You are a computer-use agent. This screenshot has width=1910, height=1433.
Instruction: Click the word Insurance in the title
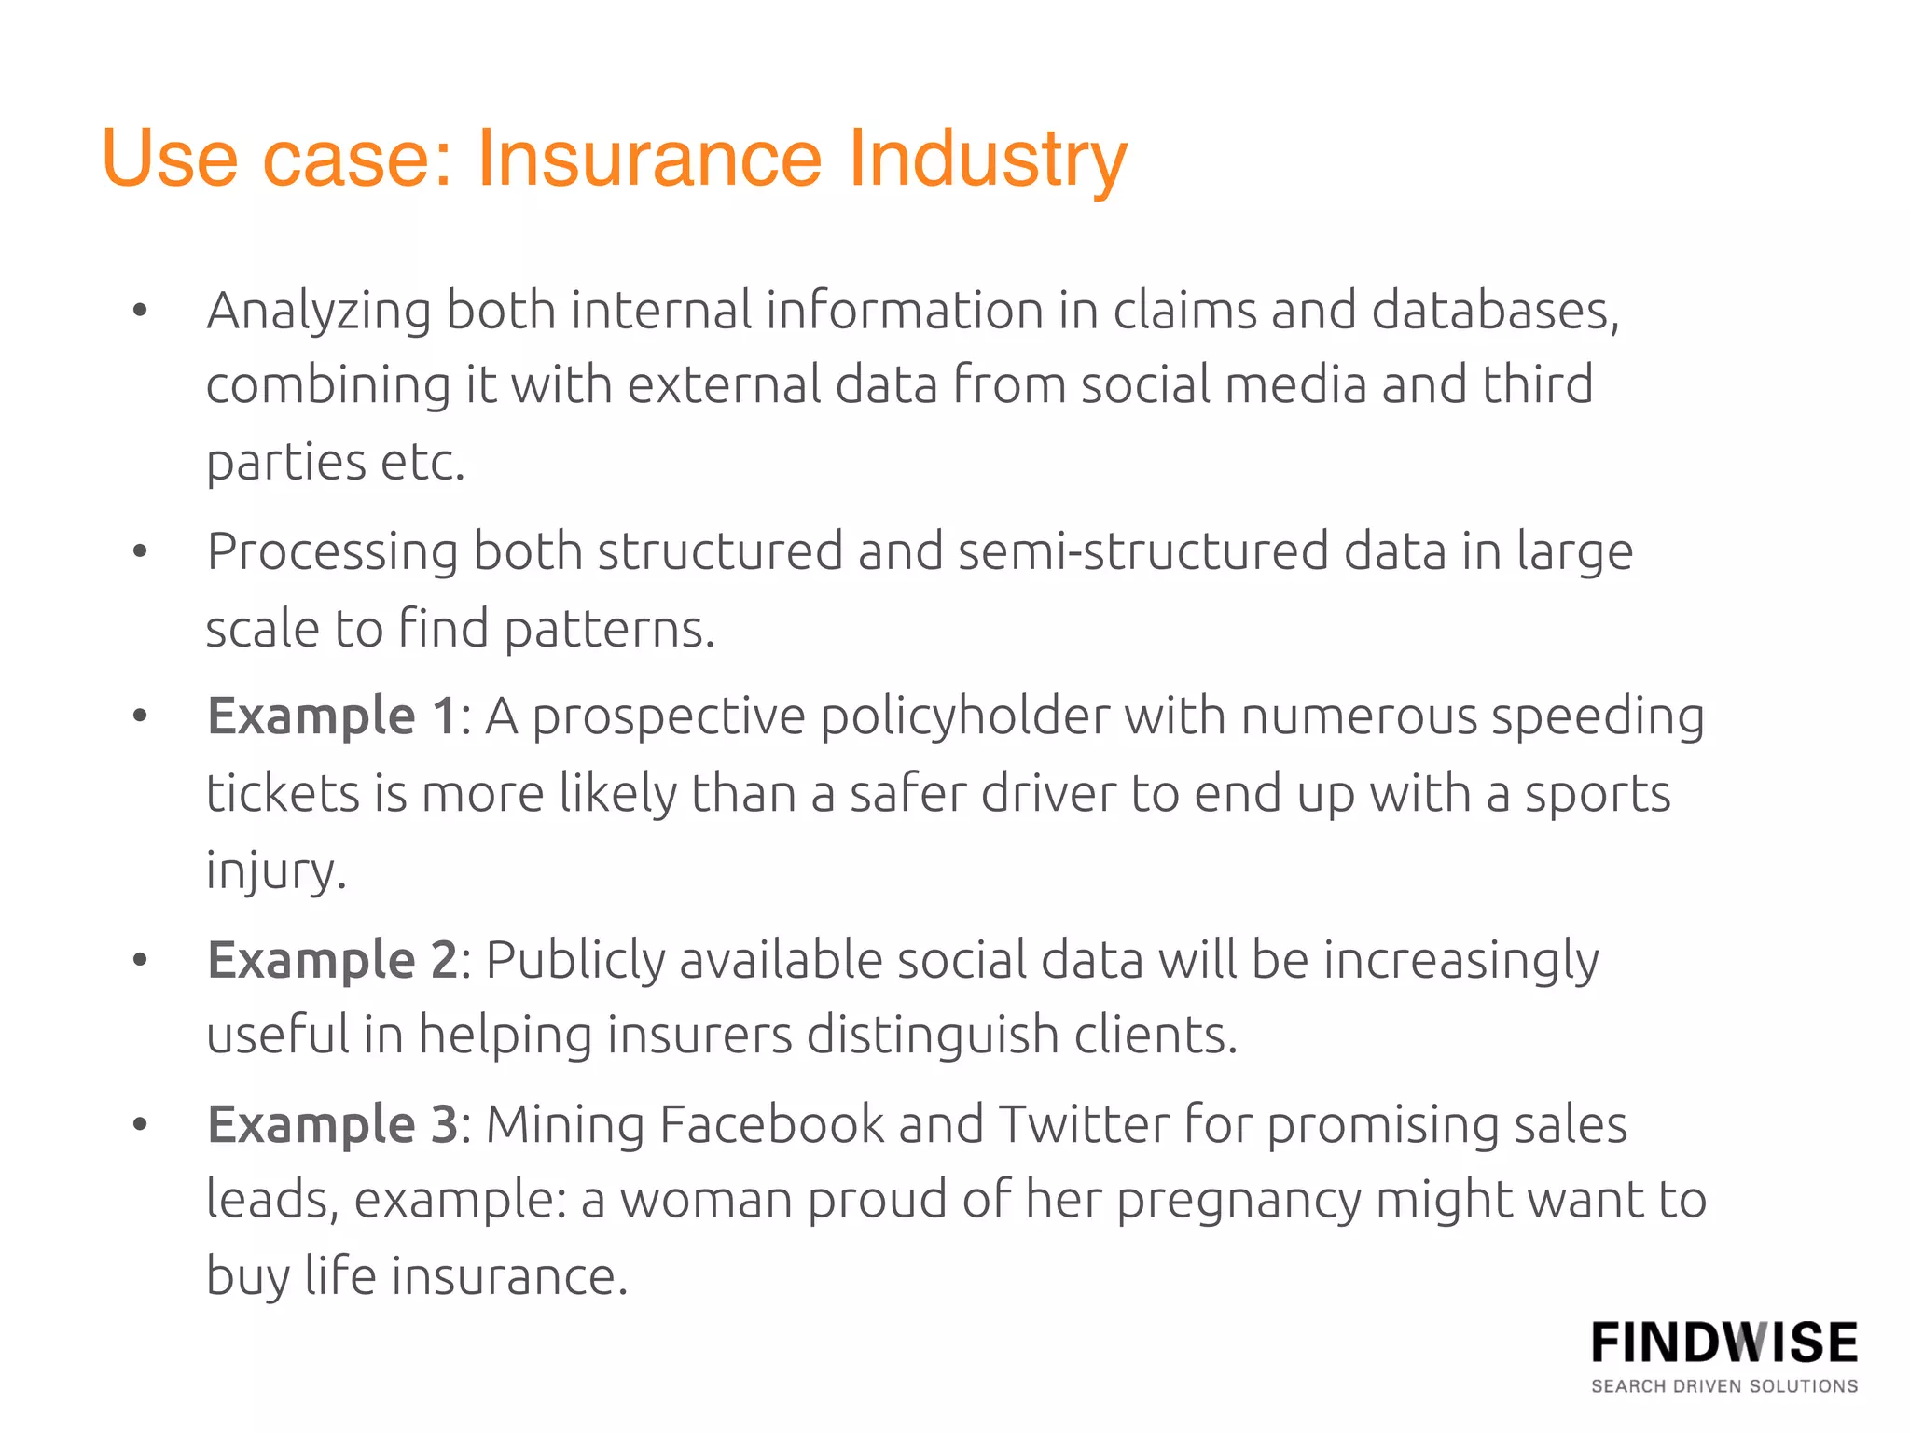tap(649, 159)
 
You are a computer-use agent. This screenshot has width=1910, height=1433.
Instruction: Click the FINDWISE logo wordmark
tap(1724, 1343)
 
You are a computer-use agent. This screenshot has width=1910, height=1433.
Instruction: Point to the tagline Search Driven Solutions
tap(1724, 1386)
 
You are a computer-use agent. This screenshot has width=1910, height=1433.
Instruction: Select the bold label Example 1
tap(332, 716)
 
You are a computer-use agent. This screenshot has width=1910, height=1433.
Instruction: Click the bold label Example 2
tap(332, 960)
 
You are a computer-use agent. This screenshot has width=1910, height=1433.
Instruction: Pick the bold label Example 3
tap(332, 1124)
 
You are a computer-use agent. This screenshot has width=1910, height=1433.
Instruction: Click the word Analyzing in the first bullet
tap(319, 312)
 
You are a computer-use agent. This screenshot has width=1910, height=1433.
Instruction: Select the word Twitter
tap(1084, 1124)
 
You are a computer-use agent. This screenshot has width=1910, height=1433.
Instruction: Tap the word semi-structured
tap(1143, 552)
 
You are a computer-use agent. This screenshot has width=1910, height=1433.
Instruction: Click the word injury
tap(275, 871)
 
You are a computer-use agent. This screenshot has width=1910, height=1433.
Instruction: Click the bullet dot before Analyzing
tap(140, 311)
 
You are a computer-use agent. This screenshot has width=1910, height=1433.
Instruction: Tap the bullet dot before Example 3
tap(140, 1124)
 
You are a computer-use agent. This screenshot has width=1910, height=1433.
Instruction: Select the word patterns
tap(610, 630)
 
